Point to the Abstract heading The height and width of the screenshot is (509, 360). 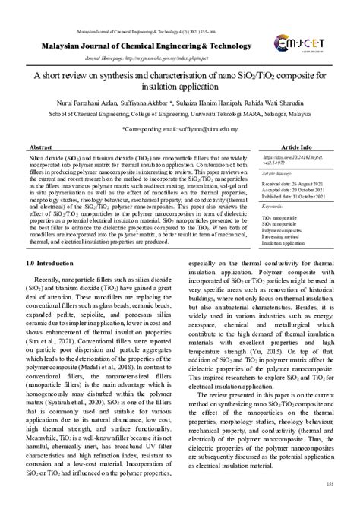pos(39,146)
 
